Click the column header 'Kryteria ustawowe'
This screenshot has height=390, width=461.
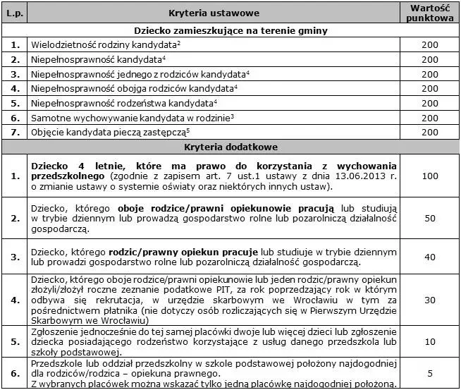[214, 13]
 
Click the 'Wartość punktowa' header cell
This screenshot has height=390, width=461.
[429, 13]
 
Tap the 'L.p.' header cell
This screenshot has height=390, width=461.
[15, 13]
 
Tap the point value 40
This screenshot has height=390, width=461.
[429, 257]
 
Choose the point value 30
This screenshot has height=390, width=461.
[429, 300]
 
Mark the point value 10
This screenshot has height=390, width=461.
[429, 341]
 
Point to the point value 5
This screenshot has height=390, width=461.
[429, 373]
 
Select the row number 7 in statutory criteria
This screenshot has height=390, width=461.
[15, 132]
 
